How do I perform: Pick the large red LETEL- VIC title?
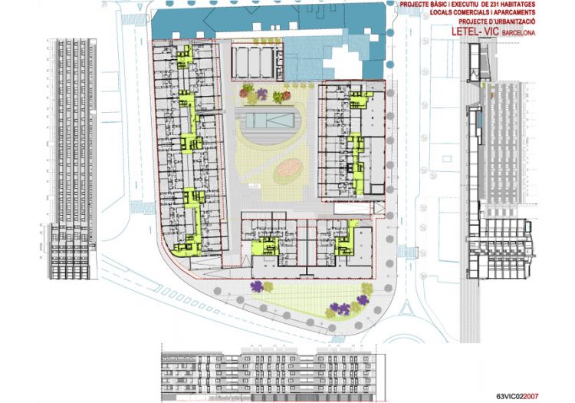click(x=475, y=31)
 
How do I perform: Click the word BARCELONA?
click(x=518, y=33)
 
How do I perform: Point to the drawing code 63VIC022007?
click(x=517, y=396)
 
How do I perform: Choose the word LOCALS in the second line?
click(x=441, y=13)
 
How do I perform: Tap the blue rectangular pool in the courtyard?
click(x=270, y=121)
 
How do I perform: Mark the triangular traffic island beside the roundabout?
click(x=406, y=309)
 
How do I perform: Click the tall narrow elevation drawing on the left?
click(x=73, y=159)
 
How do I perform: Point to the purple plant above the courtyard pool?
click(x=262, y=94)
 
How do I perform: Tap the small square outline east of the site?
click(x=447, y=159)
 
